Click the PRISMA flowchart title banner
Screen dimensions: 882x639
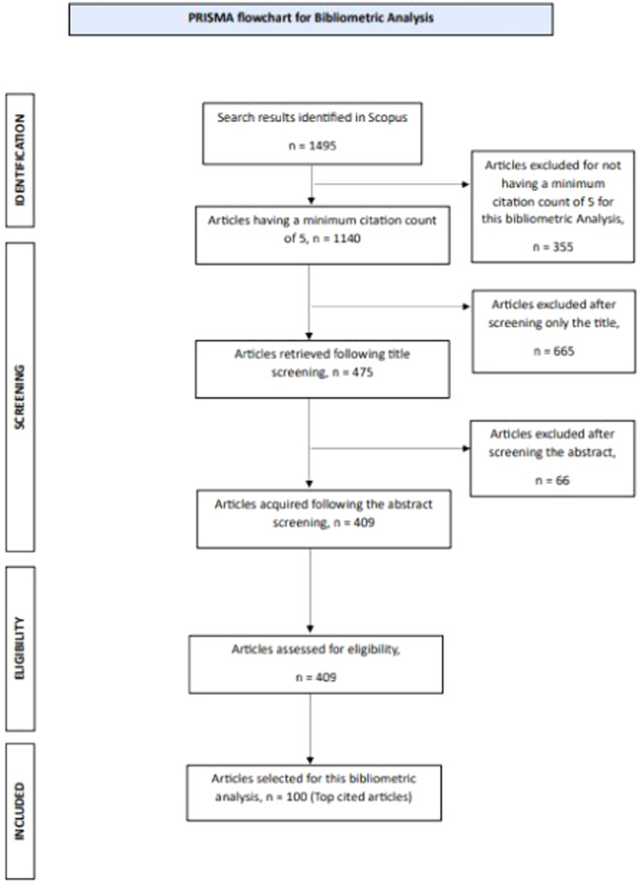311,18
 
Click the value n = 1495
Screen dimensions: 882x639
311,151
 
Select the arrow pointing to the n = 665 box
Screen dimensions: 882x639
388,307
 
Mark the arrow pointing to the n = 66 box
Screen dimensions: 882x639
388,450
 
